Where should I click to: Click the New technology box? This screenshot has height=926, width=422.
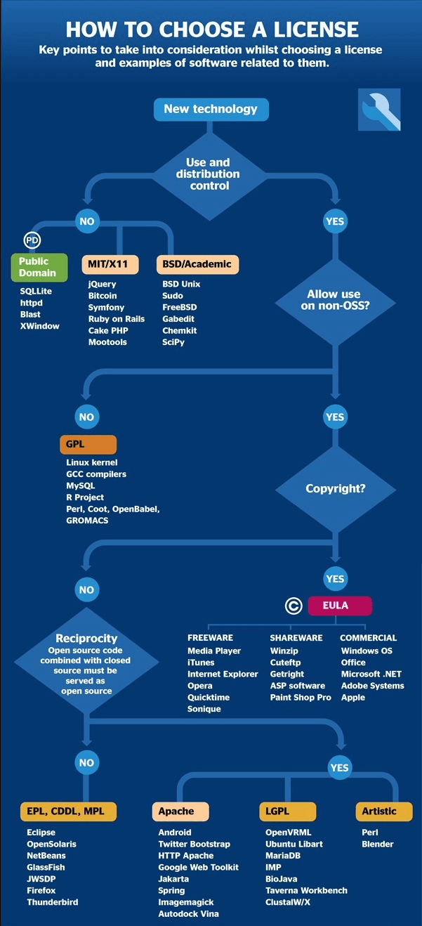(x=211, y=109)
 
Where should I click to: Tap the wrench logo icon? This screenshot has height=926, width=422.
(x=379, y=110)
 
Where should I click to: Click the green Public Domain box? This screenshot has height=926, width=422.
(x=38, y=267)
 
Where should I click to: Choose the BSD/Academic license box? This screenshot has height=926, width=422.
(x=197, y=264)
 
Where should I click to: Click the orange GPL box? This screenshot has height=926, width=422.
(x=88, y=445)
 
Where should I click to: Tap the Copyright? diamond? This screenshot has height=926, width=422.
(x=335, y=488)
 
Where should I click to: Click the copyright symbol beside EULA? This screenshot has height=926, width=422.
(x=294, y=606)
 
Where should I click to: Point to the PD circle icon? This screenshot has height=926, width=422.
(x=32, y=240)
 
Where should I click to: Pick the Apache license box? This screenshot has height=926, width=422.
(x=180, y=811)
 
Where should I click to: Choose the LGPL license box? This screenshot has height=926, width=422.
(x=286, y=811)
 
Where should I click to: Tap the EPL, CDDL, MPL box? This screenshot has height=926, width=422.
(x=66, y=811)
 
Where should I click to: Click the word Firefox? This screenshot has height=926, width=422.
(x=41, y=890)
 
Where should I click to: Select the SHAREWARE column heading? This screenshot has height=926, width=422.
(x=296, y=638)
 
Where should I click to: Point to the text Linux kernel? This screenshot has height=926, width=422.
(x=92, y=462)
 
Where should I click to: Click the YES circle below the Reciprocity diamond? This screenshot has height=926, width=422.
(x=339, y=767)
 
